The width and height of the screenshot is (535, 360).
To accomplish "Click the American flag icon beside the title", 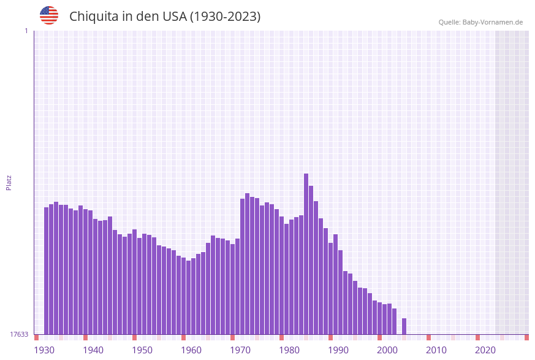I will click(x=49, y=15).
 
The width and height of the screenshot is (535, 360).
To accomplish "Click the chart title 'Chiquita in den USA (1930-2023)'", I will click(x=165, y=17).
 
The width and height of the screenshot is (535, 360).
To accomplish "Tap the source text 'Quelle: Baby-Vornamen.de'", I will click(x=480, y=22).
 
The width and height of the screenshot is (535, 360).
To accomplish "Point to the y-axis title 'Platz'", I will click(x=9, y=182).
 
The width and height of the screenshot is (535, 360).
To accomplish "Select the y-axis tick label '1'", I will click(x=26, y=31).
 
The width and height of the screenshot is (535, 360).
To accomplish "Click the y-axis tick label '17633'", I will click(x=19, y=334).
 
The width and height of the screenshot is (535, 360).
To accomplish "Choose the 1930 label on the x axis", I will click(x=44, y=350).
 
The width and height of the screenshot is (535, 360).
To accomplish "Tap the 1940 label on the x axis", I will click(x=93, y=350).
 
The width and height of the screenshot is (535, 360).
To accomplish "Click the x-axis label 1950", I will click(x=142, y=350).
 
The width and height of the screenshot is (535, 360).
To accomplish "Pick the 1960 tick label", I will click(x=191, y=350).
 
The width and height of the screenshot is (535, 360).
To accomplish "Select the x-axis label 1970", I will click(x=240, y=350).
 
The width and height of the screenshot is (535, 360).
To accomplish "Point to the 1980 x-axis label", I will click(x=289, y=350).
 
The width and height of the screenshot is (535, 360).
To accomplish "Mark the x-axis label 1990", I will click(x=338, y=350).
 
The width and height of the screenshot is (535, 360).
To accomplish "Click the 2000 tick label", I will click(x=387, y=350).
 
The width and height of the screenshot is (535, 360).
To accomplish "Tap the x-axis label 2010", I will click(x=436, y=350).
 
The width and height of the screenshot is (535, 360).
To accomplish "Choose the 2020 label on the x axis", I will click(x=485, y=350).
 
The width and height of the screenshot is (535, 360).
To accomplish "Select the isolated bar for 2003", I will click(x=404, y=326).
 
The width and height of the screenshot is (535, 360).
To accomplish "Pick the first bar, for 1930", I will click(x=47, y=270).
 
